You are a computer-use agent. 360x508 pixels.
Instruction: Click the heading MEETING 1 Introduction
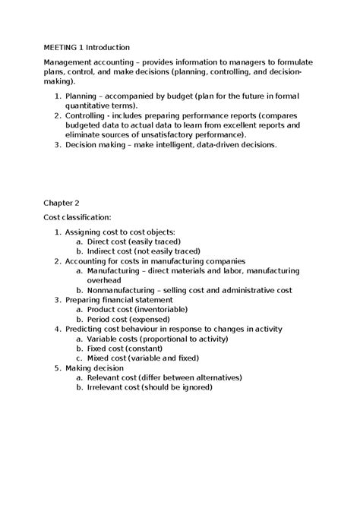pyautogui.click(x=87, y=47)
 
